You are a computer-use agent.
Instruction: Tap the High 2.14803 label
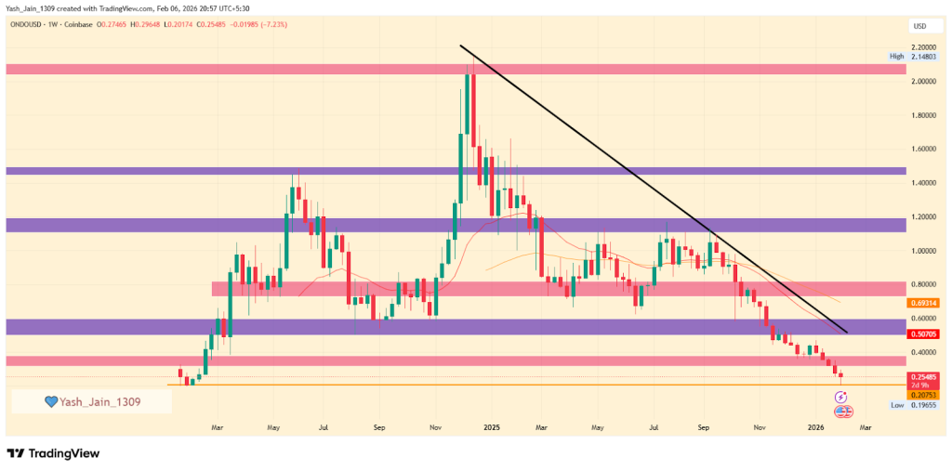(x=909, y=57)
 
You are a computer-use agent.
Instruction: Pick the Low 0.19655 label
(x=909, y=405)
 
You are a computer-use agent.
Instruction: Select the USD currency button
(x=920, y=25)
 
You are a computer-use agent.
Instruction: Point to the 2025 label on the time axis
(x=491, y=428)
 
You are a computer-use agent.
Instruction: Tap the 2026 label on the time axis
(x=815, y=428)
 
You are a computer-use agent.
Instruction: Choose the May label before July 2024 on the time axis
(x=273, y=428)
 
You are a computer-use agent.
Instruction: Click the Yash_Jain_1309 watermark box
(x=91, y=401)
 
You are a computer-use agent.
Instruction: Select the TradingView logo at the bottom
(x=53, y=453)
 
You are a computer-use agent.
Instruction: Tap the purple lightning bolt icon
(x=842, y=397)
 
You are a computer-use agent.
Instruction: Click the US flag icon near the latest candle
(x=843, y=411)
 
